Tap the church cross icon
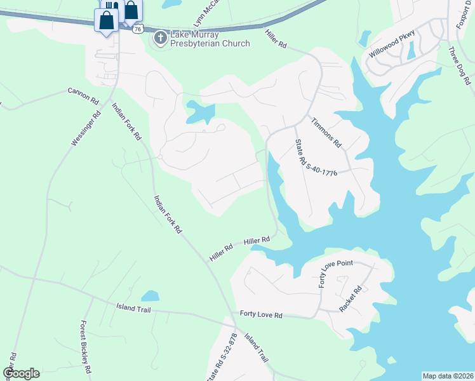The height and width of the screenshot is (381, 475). [160, 39]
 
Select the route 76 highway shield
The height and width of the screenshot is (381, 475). [138, 29]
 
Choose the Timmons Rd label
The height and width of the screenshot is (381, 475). [326, 132]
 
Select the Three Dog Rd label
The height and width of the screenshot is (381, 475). [459, 66]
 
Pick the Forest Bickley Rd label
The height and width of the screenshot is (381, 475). [86, 347]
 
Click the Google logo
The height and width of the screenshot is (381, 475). [21, 373]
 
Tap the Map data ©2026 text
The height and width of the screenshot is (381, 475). [448, 376]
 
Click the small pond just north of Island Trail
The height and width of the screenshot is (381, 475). [150, 296]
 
